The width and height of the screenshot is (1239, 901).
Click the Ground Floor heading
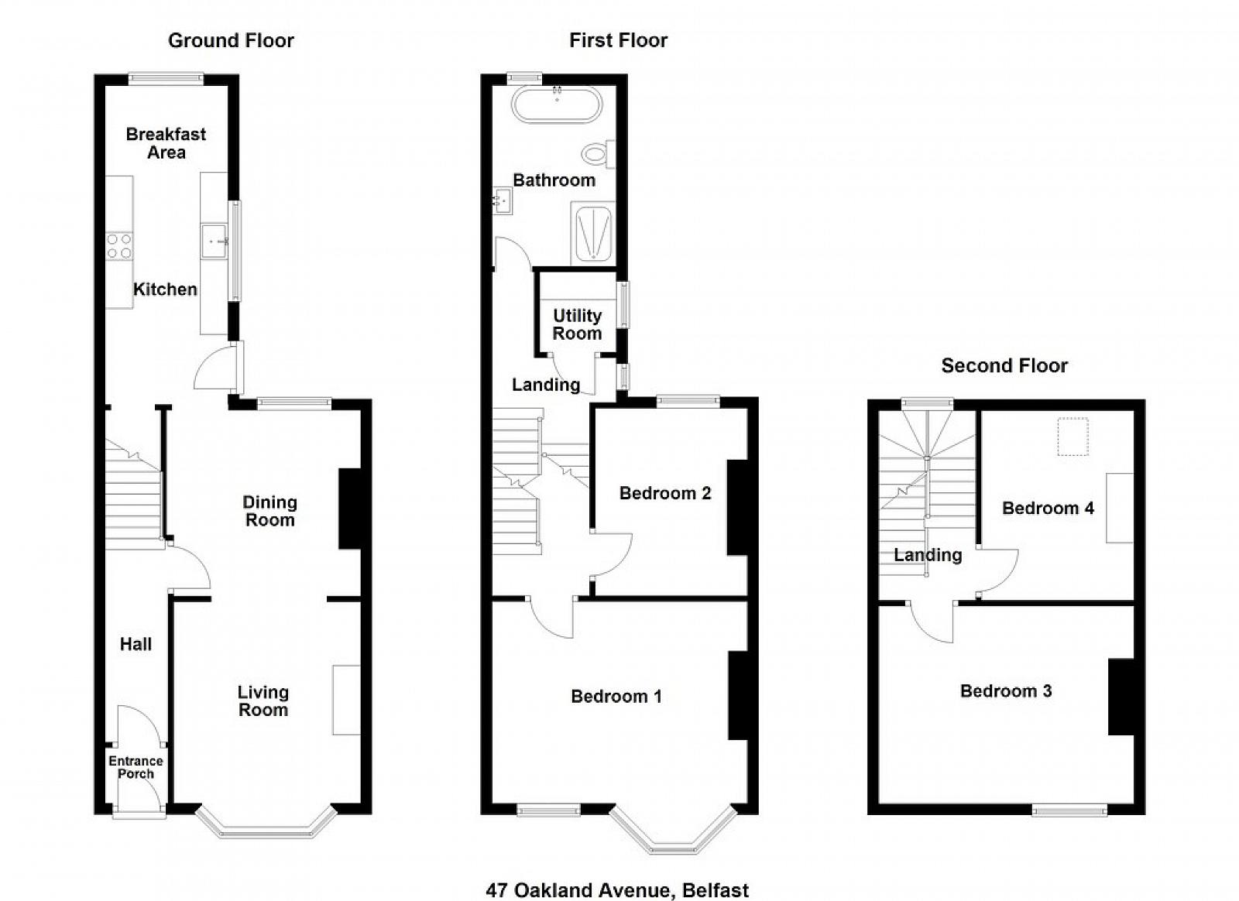point(231,40)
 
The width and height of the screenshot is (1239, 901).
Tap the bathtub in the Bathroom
point(557,104)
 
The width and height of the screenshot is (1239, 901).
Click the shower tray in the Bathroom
point(592,233)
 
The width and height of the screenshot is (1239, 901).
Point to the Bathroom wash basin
point(503,200)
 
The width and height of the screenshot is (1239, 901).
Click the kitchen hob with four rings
point(119,246)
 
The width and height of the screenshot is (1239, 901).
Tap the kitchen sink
point(215,241)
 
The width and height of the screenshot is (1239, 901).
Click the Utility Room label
point(577,324)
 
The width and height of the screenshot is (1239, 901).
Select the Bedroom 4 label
point(1049,508)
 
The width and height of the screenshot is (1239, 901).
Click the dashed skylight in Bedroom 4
point(1073,437)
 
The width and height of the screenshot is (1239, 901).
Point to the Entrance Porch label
point(136,767)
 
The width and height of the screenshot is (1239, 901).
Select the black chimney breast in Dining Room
point(349,509)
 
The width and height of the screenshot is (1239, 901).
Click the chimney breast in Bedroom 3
point(1121,697)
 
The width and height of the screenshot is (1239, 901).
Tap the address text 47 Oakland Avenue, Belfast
point(617,875)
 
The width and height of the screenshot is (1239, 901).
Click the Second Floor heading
point(1004,365)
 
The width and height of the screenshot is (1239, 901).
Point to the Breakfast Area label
point(166,143)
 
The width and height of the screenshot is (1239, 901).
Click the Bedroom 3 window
point(1069,810)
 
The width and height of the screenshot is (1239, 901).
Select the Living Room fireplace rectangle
point(346,701)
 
